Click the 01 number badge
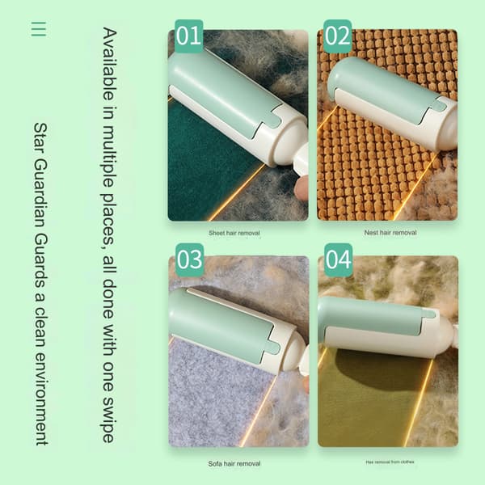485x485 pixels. point(188,36)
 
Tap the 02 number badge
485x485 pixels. point(337,36)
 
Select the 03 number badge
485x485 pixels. point(190,259)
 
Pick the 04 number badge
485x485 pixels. point(339,259)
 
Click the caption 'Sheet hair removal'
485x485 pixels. point(234,233)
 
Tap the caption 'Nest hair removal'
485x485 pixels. point(390,232)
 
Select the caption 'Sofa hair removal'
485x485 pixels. point(234,464)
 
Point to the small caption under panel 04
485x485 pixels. point(390,462)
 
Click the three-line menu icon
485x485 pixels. point(39,29)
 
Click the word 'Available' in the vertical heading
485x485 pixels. point(109,64)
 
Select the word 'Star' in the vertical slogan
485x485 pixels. point(40,138)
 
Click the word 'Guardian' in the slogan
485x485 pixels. point(40,194)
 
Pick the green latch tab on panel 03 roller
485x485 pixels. point(273,348)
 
